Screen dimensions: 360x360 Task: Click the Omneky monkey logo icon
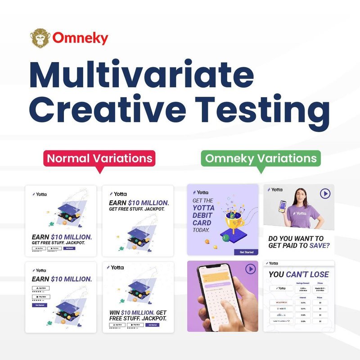(39, 38)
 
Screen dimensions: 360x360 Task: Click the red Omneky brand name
(80, 38)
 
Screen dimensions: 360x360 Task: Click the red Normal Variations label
(99, 158)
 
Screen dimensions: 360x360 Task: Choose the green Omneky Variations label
(261, 158)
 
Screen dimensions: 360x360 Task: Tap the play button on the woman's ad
(325, 193)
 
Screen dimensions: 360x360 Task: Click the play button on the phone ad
(250, 269)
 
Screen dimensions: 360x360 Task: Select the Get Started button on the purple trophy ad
(246, 252)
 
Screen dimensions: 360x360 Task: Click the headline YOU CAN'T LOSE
(299, 274)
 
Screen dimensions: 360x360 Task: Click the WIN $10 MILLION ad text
(138, 315)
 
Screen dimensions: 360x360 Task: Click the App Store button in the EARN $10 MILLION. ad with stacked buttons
(40, 288)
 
